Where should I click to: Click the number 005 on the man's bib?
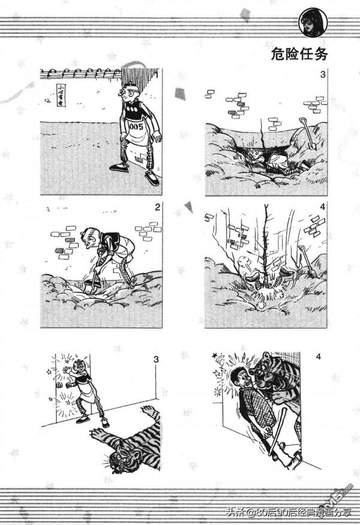[x=135, y=127]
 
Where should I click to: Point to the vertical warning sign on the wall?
[x=61, y=95]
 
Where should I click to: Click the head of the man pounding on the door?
[x=81, y=369]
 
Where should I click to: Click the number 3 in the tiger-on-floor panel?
[x=156, y=359]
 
